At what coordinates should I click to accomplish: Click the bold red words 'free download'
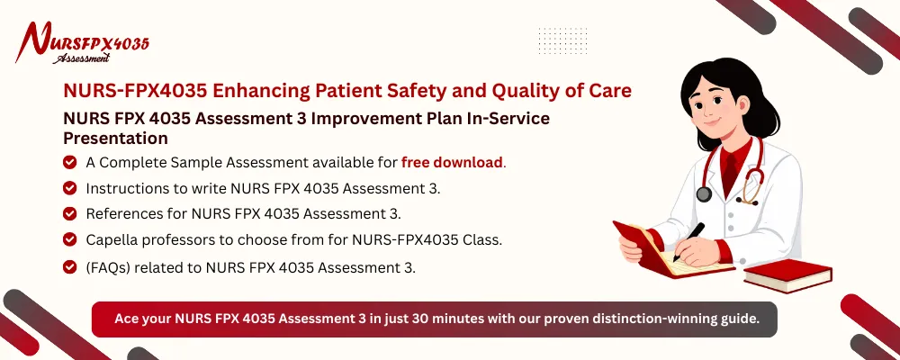click(x=453, y=163)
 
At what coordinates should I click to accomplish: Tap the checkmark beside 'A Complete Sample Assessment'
click(x=69, y=163)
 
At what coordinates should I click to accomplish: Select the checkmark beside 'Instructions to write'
click(x=69, y=188)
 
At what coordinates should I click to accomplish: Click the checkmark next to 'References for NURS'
click(x=69, y=213)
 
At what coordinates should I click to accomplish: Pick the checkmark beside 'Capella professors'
click(x=69, y=239)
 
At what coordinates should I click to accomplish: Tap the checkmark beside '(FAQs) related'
click(x=69, y=266)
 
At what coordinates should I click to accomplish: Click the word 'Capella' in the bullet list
click(x=113, y=239)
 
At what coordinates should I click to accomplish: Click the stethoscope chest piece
click(x=703, y=193)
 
